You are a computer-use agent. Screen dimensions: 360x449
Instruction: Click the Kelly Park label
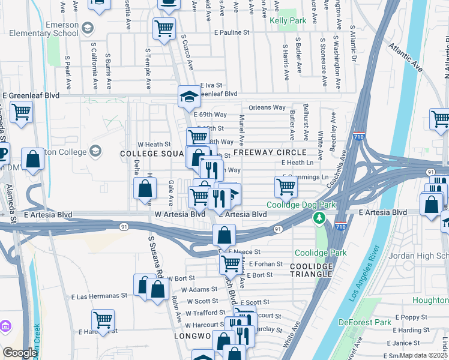[x=288, y=20]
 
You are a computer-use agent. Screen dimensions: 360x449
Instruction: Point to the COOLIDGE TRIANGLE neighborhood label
[x=311, y=270]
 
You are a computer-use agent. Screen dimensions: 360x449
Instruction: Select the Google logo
[x=20, y=353]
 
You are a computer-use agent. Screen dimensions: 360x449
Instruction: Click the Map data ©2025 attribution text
[x=424, y=355]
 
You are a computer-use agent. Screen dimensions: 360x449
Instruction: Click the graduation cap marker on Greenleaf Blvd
[x=189, y=95]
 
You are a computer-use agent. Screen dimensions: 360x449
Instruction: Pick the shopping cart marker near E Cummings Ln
[x=286, y=187]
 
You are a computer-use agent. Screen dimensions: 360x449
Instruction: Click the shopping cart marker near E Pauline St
[x=164, y=28]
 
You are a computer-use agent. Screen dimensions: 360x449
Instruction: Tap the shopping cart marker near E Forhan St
[x=230, y=262]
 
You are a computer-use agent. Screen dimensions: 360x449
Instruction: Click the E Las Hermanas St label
[x=100, y=296]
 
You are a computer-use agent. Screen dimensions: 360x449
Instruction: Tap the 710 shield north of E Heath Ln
[x=359, y=136]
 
